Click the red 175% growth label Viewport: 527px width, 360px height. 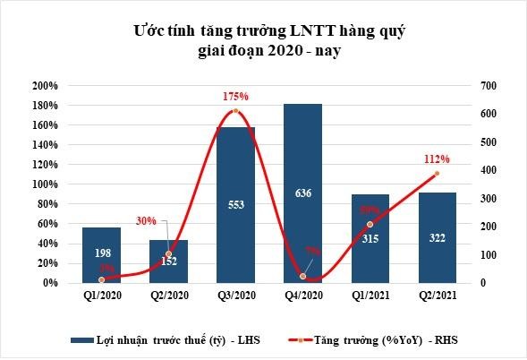click(x=234, y=96)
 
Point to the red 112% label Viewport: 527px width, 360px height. click(x=437, y=159)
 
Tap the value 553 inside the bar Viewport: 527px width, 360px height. click(x=235, y=204)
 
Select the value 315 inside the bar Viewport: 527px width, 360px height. click(x=370, y=238)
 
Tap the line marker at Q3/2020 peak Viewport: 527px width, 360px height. click(x=234, y=111)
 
